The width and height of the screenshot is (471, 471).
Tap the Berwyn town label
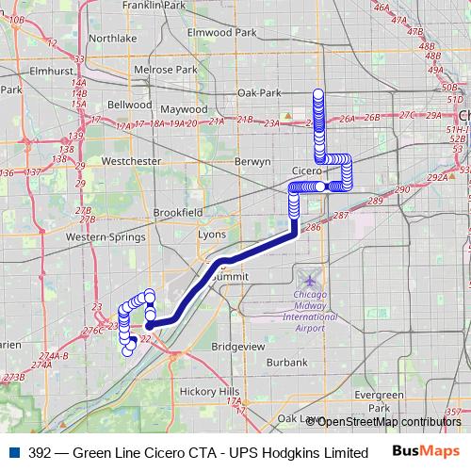pos(252,162)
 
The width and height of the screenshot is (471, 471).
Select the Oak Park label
pos(259,93)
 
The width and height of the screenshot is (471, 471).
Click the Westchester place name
pos(130,161)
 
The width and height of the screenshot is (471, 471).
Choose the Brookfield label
pos(177,213)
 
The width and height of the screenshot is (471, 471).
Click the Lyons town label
pos(211,235)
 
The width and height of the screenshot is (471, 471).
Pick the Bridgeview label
pos(238,347)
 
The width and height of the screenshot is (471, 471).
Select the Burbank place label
pos(286,362)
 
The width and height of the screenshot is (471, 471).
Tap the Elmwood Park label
pos(221,32)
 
